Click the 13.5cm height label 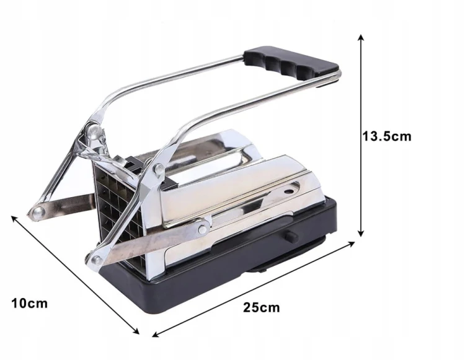point(387,136)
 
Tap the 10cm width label point(29,304)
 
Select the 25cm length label point(262,307)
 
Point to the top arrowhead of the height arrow point(361,38)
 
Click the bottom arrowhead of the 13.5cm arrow point(361,233)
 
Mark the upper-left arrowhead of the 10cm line point(14,219)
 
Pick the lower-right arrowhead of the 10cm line point(136,331)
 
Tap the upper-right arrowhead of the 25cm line point(351,244)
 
